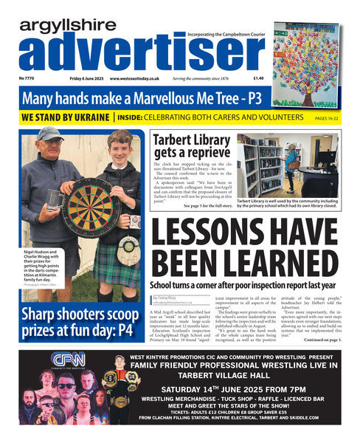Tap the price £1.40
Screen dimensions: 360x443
(258, 78)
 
